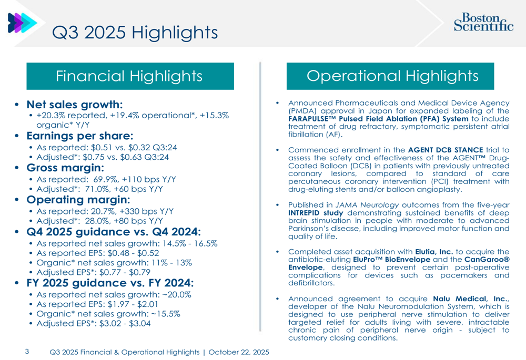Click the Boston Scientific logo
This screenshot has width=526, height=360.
click(x=483, y=22)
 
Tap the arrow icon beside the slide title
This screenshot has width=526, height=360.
click(x=22, y=23)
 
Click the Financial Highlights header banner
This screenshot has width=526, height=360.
click(x=130, y=76)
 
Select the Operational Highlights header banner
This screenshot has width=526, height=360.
click(x=390, y=76)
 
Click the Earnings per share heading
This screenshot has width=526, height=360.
click(x=80, y=136)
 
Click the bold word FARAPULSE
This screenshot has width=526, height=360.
click(x=312, y=119)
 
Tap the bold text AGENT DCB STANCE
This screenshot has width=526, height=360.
click(x=446, y=150)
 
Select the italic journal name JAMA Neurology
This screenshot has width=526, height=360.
click(x=367, y=205)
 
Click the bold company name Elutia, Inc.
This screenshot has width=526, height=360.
click(x=434, y=252)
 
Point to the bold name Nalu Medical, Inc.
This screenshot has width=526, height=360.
click(x=471, y=299)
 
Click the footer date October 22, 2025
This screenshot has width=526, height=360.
click(x=239, y=352)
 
